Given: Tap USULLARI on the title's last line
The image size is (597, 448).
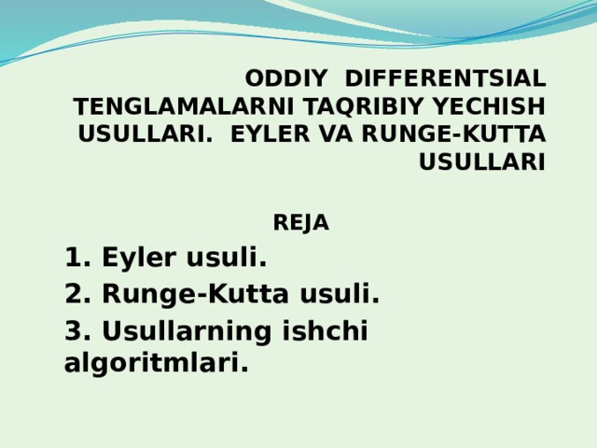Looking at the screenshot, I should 481,161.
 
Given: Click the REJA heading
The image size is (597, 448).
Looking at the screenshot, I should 300,224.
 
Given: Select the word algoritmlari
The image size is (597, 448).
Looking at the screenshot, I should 156,363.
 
